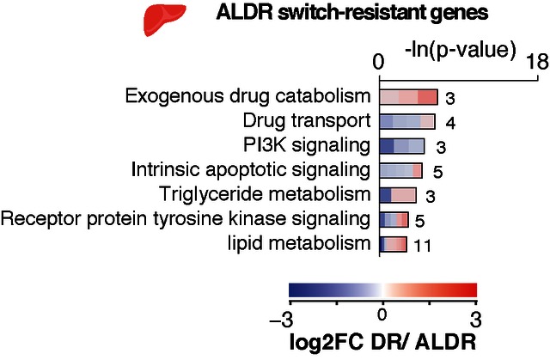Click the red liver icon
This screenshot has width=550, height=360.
[x=163, y=19]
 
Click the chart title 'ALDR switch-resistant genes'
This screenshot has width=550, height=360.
[x=351, y=13]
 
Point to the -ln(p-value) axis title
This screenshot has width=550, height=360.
[x=461, y=50]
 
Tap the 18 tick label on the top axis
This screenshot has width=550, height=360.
[x=537, y=63]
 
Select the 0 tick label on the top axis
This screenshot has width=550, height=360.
[x=378, y=63]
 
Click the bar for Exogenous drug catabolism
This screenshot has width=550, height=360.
[x=409, y=97]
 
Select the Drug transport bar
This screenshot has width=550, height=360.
[x=407, y=122]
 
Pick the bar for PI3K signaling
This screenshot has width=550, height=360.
[x=402, y=146]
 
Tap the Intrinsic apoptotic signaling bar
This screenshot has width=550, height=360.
[x=401, y=171]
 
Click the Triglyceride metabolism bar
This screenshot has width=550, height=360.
[x=398, y=195]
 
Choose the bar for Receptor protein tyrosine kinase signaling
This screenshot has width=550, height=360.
[x=394, y=220]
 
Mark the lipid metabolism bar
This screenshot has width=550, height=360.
[x=394, y=244]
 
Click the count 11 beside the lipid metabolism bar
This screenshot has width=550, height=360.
[x=422, y=246]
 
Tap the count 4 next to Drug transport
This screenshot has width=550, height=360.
[x=450, y=123]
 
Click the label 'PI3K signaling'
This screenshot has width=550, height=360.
[x=307, y=145]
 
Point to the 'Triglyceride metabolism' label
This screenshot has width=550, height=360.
[x=265, y=194]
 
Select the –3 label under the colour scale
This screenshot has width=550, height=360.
[x=281, y=320]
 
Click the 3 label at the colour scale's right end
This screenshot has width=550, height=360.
[x=475, y=320]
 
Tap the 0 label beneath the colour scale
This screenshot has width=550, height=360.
[x=382, y=314]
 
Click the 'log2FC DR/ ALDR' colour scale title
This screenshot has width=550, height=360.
[x=382, y=341]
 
